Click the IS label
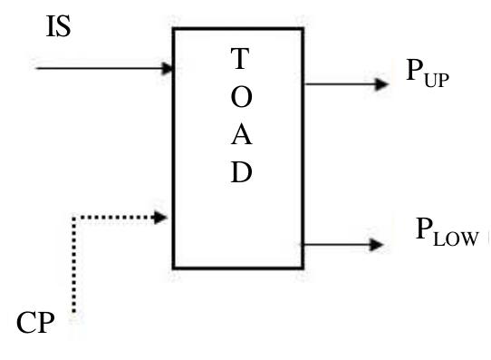click(x=58, y=27)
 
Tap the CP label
click(x=35, y=323)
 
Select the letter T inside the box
click(x=239, y=60)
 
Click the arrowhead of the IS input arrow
click(x=168, y=68)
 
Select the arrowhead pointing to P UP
click(x=381, y=84)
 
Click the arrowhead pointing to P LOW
click(x=378, y=245)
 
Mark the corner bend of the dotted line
click(x=72, y=218)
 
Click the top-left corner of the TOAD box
click(x=174, y=29)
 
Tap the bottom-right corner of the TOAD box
click(x=303, y=268)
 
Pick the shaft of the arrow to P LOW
click(x=335, y=245)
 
